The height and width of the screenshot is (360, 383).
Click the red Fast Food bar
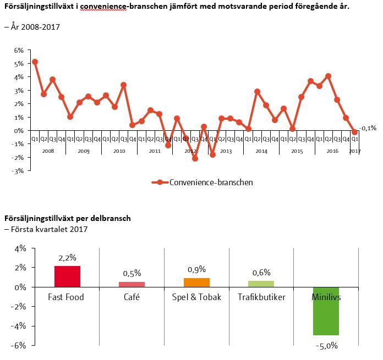point(67,276)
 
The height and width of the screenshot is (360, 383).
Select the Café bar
point(132,284)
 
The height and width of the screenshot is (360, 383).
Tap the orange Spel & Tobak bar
point(196,283)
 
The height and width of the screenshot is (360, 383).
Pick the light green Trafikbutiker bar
point(261,284)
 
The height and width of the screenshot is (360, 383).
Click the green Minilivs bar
point(326,311)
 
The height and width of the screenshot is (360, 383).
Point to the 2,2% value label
point(67,258)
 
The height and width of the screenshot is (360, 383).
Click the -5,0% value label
point(326,346)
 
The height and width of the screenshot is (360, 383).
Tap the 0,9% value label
point(196,269)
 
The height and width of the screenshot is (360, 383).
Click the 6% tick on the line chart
point(19,50)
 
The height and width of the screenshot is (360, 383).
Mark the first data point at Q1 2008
point(35,62)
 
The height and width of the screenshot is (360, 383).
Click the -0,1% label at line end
point(368,128)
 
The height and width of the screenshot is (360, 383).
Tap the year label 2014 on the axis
point(261,151)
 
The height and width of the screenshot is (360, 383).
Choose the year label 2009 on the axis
point(84,151)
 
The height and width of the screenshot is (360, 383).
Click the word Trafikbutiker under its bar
point(261,297)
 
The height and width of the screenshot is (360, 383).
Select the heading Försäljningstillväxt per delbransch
point(68,218)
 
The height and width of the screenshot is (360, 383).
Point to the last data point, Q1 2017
point(355,132)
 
